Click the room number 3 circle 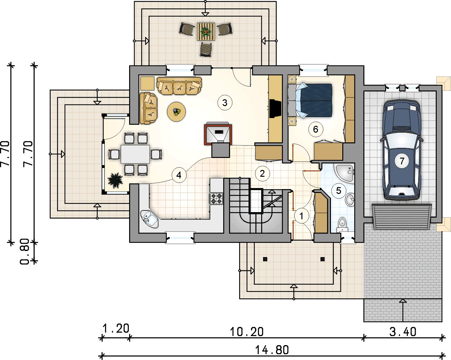225,103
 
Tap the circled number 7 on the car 402,161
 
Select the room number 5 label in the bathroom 338,190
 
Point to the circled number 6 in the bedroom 316,129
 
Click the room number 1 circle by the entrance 301,216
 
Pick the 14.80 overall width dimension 272,350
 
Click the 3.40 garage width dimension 403,332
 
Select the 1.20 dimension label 116,328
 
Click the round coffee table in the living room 176,112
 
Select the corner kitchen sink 149,219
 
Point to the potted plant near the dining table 115,181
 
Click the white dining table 135,154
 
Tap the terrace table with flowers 206,32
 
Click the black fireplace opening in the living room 275,109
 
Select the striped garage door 402,217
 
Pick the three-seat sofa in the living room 179,86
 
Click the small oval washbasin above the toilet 350,199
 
